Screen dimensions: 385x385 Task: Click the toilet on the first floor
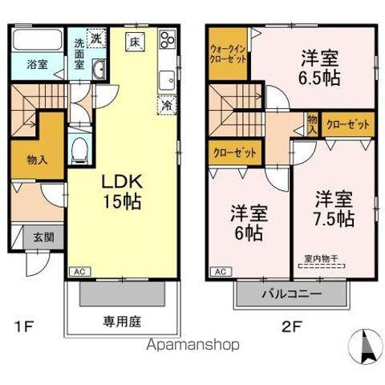coord(79,150)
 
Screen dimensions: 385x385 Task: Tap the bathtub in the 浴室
coord(38,39)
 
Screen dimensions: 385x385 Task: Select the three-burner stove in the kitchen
coord(167,38)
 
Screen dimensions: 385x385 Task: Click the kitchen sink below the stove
coord(168,80)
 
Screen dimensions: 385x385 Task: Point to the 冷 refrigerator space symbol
coord(167,105)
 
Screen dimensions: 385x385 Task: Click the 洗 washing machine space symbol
coord(96,38)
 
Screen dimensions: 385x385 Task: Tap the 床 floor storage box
coord(136,42)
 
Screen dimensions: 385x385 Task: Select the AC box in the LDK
coord(80,272)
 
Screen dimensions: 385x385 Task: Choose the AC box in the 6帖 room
coord(221,272)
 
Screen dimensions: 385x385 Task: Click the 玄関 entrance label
coord(44,237)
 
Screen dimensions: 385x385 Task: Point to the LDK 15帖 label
coord(122,192)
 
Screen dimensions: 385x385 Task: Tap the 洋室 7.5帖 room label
coord(334,209)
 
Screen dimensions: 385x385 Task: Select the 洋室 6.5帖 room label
coord(320,67)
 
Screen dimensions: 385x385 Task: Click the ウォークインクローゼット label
coord(228,55)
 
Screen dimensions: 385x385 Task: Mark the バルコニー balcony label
coord(291,294)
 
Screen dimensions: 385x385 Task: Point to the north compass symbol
coord(365,346)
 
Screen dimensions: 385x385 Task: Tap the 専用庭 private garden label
coord(122,322)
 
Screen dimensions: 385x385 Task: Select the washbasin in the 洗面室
coord(99,69)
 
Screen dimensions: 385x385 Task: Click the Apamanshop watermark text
coord(192,345)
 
